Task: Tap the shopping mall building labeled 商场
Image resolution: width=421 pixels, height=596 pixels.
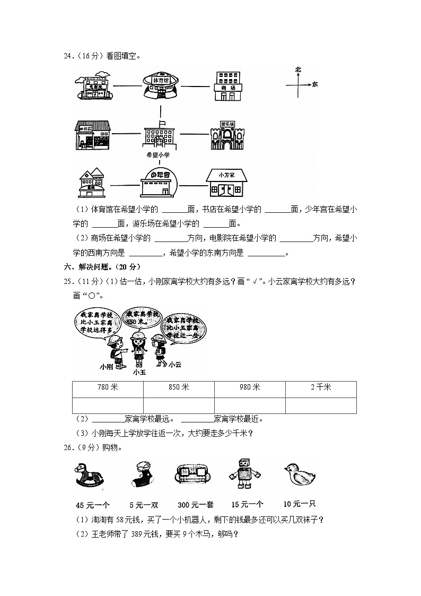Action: tap(228, 85)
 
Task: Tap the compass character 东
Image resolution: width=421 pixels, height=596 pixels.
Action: tap(315, 84)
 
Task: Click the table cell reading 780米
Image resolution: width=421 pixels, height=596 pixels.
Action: tap(108, 387)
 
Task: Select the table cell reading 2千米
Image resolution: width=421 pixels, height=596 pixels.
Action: tap(321, 387)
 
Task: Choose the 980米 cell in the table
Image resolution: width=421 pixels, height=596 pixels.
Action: tap(250, 387)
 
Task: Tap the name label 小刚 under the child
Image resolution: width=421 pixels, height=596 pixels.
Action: tap(107, 367)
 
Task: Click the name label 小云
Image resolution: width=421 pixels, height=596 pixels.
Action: tap(176, 365)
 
